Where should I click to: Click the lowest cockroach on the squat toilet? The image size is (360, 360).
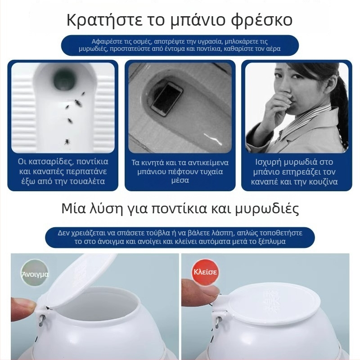click(x=67, y=142)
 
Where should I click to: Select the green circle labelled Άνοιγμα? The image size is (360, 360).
click(x=35, y=273)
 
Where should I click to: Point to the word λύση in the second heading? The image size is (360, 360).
click(x=101, y=209)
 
